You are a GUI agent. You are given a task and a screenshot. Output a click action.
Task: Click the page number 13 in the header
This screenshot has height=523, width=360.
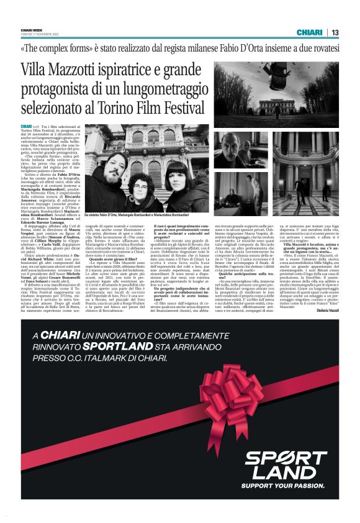click(335, 32)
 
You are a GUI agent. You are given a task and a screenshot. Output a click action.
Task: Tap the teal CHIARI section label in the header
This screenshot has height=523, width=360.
click(309, 32)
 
